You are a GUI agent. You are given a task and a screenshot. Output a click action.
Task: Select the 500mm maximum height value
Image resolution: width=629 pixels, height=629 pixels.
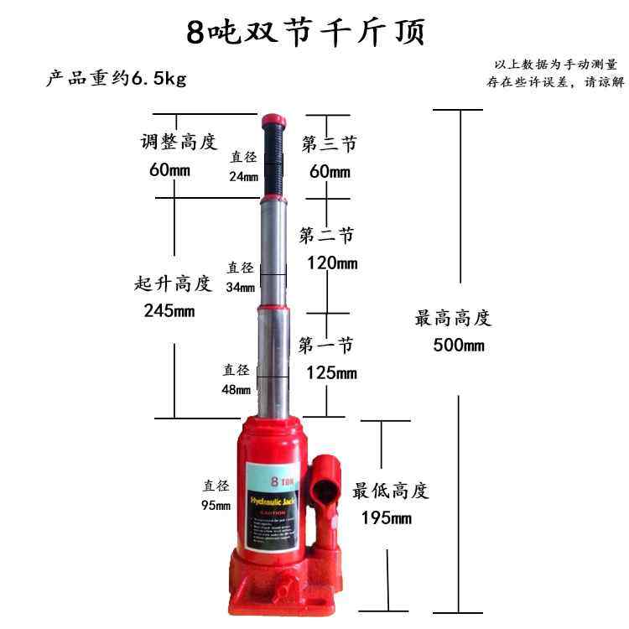coord(459,346)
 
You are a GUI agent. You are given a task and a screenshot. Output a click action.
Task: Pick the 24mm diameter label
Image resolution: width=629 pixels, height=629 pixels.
coord(244,176)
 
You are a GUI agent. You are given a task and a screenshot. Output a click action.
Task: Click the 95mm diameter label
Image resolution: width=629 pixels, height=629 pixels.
coord(216,505)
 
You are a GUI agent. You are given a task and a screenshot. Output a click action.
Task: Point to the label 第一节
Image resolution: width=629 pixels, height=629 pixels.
coord(326,345)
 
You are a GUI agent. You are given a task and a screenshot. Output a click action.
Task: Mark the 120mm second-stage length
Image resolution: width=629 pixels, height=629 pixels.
coord(331,263)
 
